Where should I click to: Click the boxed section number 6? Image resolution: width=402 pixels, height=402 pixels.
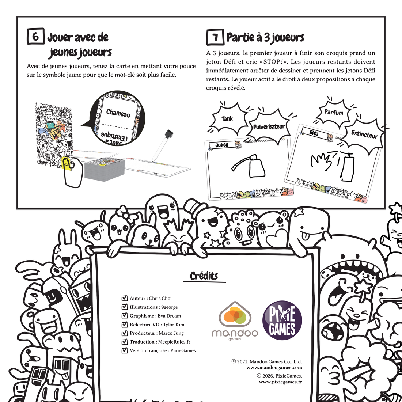(36, 36)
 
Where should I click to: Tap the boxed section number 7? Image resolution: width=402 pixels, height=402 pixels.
(215, 37)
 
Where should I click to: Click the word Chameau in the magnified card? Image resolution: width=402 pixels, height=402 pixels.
(118, 113)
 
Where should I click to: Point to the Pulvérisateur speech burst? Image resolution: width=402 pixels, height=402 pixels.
(269, 127)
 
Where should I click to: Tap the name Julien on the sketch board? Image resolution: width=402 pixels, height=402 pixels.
(222, 145)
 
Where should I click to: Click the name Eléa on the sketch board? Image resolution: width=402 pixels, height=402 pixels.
(314, 133)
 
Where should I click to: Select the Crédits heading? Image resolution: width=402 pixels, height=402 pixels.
(204, 276)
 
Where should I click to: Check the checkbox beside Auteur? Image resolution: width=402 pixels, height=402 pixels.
(125, 298)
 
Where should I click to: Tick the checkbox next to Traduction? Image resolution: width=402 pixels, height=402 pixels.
(125, 341)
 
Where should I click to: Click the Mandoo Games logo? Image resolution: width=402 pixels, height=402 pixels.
(235, 321)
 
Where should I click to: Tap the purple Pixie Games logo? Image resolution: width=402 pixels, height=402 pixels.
(282, 320)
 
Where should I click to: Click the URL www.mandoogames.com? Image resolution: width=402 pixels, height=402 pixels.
(274, 368)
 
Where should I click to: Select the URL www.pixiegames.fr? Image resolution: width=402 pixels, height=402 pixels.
(280, 382)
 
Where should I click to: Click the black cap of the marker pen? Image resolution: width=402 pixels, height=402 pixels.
(168, 134)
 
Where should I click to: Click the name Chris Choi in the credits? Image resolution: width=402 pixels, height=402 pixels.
(160, 299)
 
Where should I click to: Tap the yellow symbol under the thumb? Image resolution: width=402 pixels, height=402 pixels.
(67, 163)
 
